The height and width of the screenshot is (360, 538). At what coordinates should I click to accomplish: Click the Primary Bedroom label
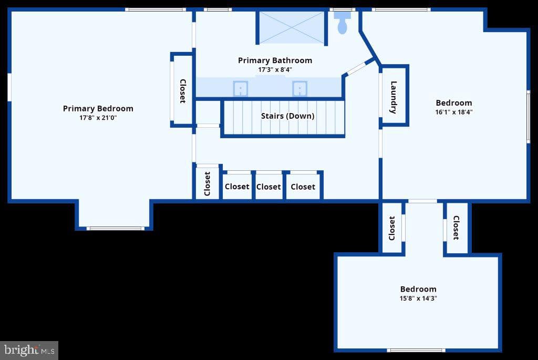click(98, 109)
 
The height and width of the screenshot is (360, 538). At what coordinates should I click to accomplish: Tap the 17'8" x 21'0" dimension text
click(98, 118)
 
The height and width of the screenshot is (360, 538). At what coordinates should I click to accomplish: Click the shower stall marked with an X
click(291, 28)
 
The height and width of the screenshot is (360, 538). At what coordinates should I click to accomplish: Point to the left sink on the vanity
click(241, 88)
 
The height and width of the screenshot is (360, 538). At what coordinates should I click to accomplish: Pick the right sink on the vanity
click(299, 88)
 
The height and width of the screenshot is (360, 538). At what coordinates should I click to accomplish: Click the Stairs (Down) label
click(287, 116)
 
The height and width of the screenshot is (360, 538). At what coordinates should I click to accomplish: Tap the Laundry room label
click(394, 97)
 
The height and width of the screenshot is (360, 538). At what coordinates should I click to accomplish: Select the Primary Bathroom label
click(275, 60)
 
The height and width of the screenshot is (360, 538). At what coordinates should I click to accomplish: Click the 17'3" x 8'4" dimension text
click(275, 70)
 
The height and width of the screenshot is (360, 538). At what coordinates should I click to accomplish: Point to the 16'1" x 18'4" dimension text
click(454, 112)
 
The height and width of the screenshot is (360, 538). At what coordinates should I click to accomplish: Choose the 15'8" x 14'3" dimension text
click(418, 298)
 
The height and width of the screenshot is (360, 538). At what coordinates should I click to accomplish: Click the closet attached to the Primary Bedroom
click(182, 90)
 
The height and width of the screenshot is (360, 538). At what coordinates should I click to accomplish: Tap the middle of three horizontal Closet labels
click(268, 187)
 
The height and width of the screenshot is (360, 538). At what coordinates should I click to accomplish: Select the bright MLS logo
click(29, 351)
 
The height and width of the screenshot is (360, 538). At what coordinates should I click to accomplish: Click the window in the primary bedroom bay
click(115, 229)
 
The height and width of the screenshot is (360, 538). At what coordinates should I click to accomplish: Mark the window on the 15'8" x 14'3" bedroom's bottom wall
click(416, 351)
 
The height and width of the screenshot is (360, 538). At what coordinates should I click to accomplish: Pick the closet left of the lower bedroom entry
click(392, 228)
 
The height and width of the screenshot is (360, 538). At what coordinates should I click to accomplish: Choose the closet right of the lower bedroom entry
click(457, 228)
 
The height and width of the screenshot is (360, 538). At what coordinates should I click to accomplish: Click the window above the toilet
click(343, 9)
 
